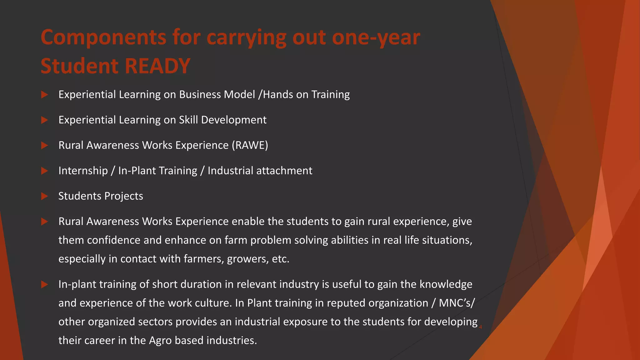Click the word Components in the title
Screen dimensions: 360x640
103,37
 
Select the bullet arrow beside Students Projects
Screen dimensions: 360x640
44,196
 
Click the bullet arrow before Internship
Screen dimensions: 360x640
44,171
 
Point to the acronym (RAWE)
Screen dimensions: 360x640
250,145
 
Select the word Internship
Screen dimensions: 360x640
83,171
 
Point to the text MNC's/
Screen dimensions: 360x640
457,303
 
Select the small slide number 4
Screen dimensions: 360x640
480,327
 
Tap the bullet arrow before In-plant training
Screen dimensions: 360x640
44,285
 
